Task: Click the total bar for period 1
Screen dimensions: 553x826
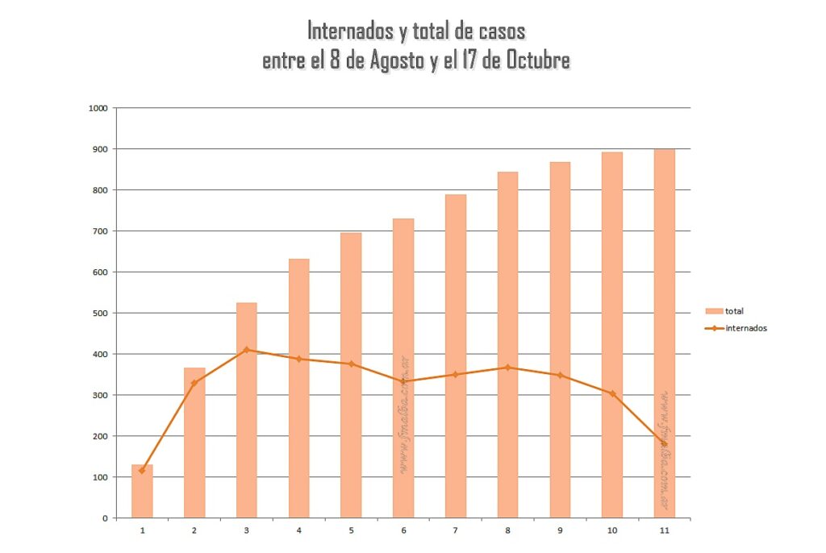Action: point(142,491)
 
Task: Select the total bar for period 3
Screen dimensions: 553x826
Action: point(246,410)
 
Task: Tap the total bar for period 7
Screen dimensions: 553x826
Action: point(456,355)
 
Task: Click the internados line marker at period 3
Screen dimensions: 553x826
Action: point(246,350)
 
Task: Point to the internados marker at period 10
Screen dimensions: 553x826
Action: point(612,393)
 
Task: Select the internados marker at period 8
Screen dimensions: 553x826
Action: point(508,368)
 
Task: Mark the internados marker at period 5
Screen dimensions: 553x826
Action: point(351,364)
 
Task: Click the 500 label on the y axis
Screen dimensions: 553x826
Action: point(99,313)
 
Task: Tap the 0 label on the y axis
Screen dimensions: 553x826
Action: point(104,518)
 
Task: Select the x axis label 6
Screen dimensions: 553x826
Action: point(403,530)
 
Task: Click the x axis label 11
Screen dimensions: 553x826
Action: point(664,530)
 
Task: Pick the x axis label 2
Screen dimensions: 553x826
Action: point(194,530)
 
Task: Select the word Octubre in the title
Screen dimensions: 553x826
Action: point(538,60)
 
